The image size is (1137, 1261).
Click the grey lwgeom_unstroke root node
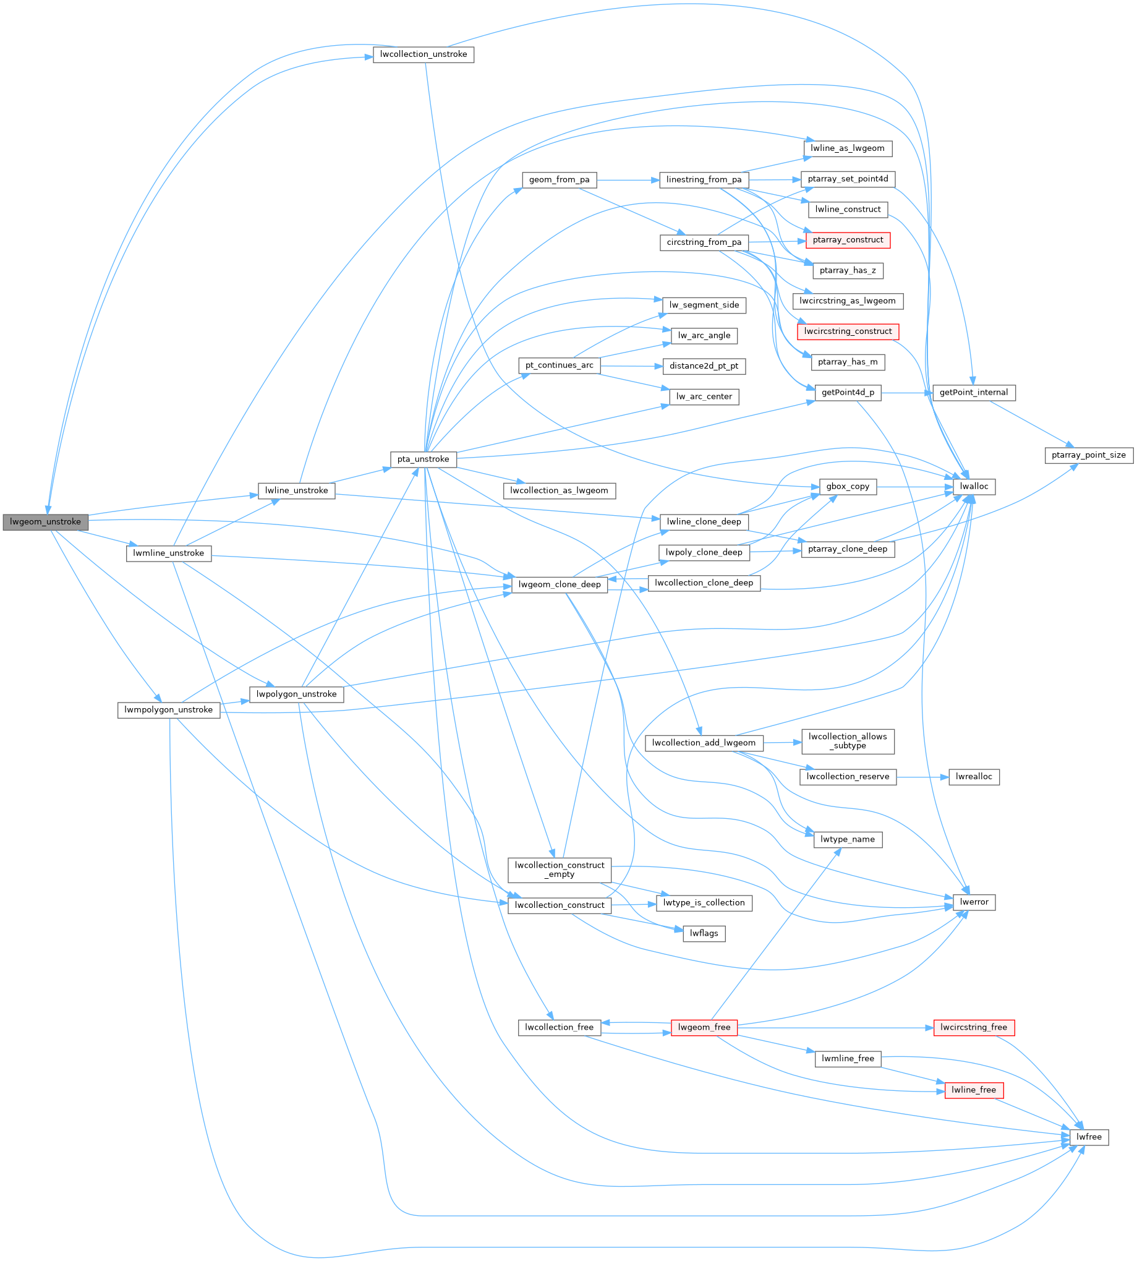tap(45, 522)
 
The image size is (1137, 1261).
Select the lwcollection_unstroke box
tap(423, 54)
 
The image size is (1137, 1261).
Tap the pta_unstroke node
tap(423, 460)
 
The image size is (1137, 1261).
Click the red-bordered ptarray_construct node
tap(847, 240)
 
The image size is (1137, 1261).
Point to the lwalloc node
tap(973, 487)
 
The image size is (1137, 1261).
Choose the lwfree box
tap(1089, 1137)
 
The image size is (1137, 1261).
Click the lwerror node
tap(973, 902)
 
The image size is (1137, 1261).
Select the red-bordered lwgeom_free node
tap(704, 1027)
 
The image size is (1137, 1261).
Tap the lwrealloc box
tap(973, 777)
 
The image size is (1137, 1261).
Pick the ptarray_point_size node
tap(1088, 456)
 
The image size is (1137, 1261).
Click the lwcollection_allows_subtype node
tap(847, 741)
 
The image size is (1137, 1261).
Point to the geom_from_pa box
tap(558, 180)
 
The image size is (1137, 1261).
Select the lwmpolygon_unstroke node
tap(168, 710)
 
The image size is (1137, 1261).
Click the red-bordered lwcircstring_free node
tap(973, 1027)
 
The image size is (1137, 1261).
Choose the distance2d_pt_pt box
tap(704, 366)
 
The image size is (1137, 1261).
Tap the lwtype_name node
tap(847, 839)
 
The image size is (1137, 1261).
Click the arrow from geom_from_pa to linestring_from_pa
tap(627, 180)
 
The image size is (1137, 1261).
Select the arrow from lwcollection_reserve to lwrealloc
tap(922, 777)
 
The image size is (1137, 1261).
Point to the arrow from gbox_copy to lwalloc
tap(914, 487)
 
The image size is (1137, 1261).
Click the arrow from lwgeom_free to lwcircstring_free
tap(835, 1027)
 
